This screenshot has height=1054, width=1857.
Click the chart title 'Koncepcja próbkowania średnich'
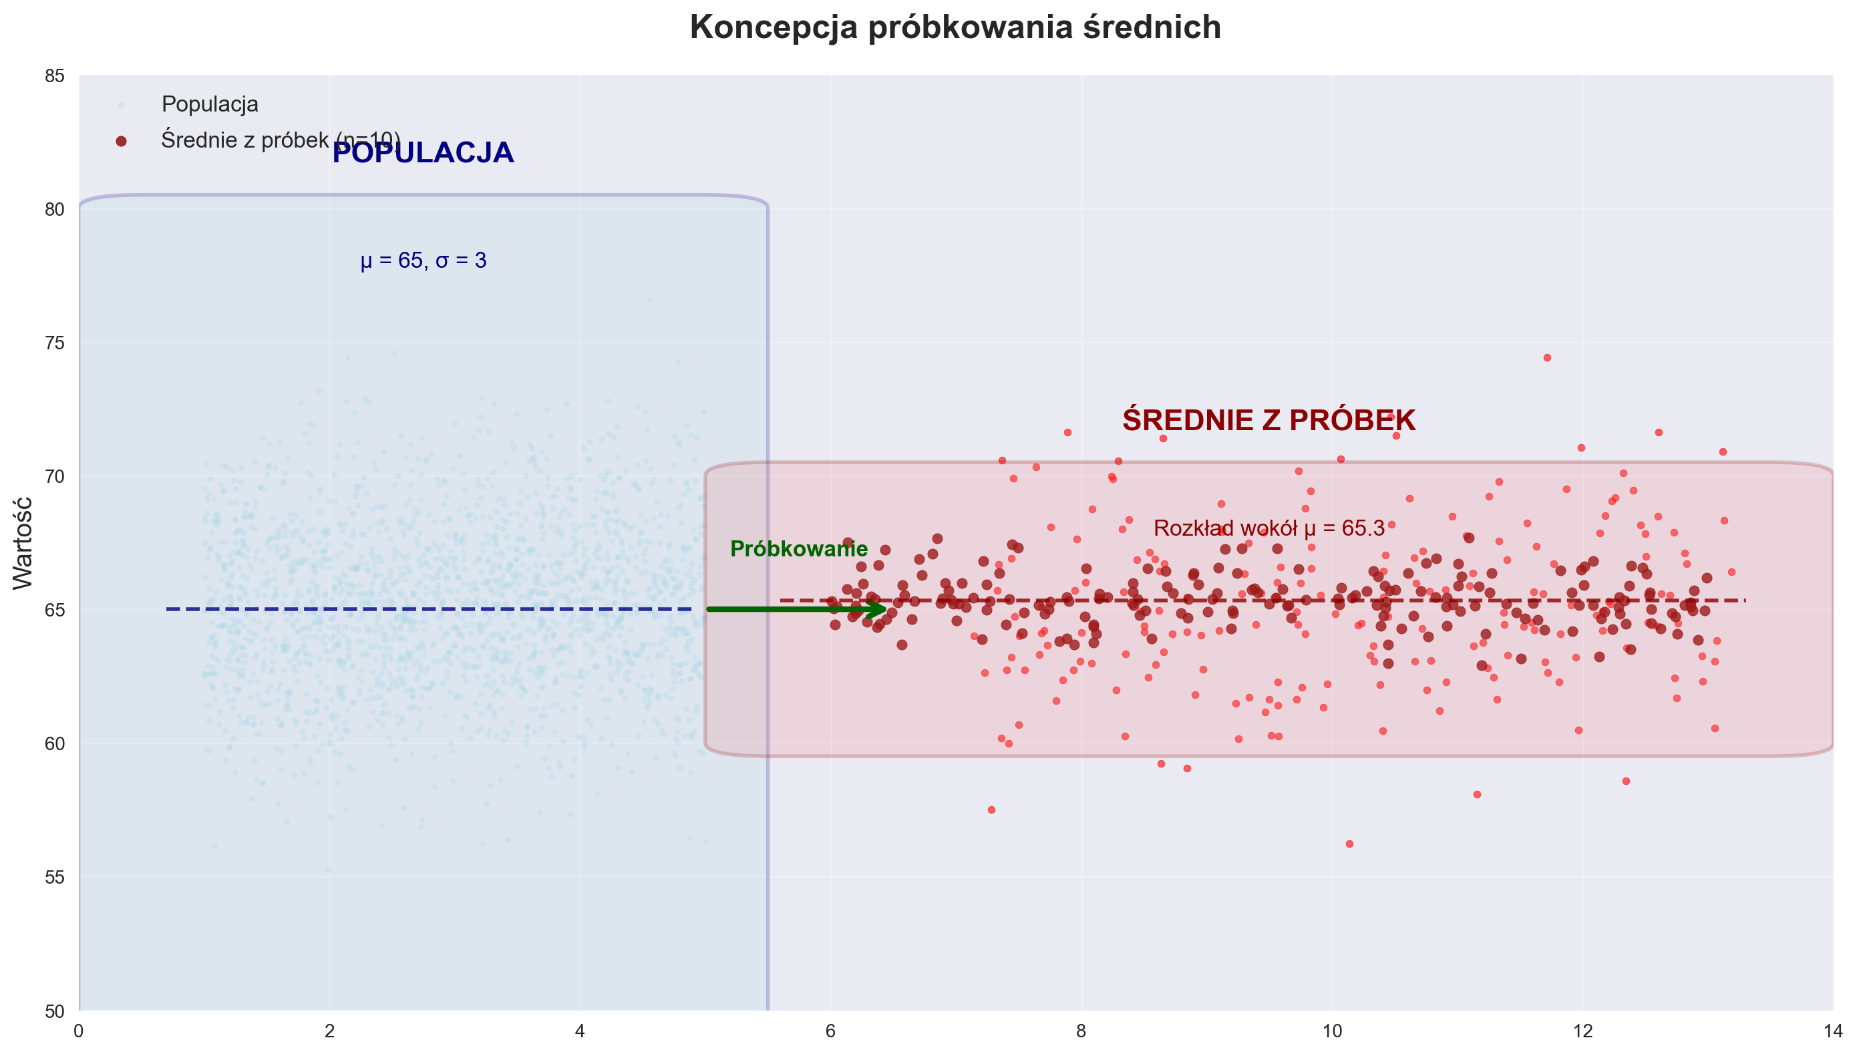tap(955, 28)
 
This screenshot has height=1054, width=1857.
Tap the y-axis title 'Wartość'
tap(23, 543)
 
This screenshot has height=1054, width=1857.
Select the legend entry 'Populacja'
tap(209, 104)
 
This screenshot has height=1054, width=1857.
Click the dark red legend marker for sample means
tap(121, 141)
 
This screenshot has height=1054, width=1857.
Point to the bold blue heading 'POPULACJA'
tap(423, 154)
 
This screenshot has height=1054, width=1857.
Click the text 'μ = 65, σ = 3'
tap(424, 260)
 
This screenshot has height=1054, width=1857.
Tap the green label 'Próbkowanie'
tap(798, 550)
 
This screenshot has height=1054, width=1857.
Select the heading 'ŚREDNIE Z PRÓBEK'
tap(1269, 421)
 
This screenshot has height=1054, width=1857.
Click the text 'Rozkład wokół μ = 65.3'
tap(1269, 528)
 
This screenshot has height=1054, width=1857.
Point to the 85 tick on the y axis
tap(55, 76)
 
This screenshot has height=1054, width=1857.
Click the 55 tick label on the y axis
tap(55, 878)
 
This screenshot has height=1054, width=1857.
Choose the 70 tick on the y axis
tap(55, 476)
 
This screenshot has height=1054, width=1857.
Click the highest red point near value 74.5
tap(1547, 357)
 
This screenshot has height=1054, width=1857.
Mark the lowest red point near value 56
tap(1349, 844)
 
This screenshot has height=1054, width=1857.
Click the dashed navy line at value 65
tap(427, 610)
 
